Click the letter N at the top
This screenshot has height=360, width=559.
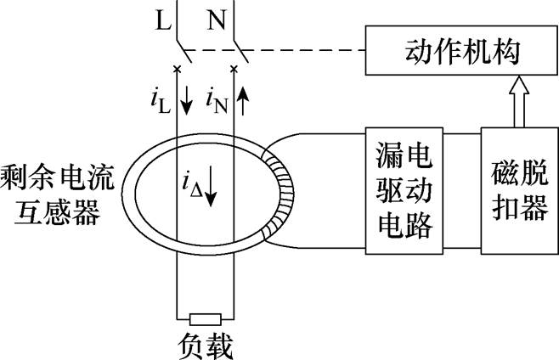point(217,19)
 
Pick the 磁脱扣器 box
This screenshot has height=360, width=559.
point(517,191)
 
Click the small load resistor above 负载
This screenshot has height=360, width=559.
point(204,319)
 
